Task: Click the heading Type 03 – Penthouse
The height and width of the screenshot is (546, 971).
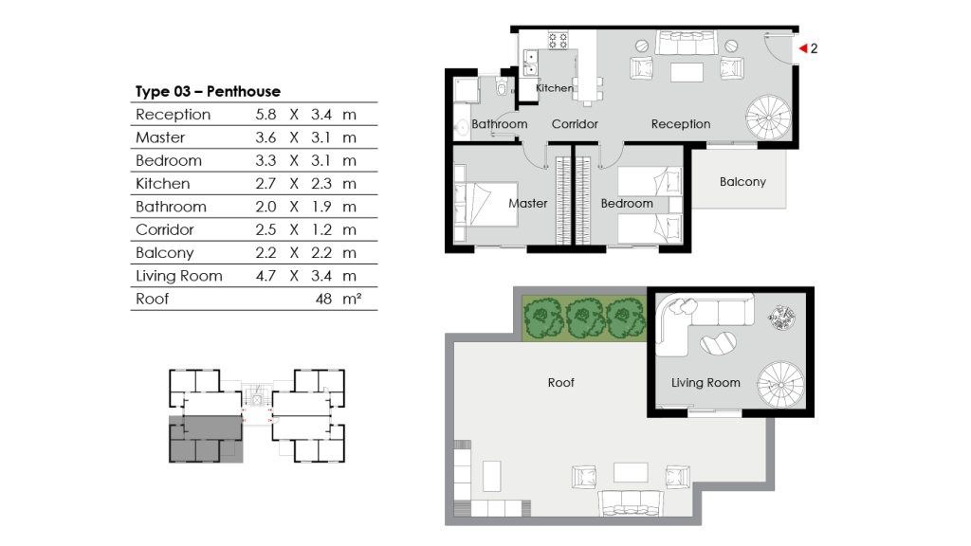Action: click(x=208, y=92)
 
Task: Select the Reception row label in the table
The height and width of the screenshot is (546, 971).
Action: click(x=174, y=115)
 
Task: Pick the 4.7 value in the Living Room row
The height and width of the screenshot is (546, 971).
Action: click(x=266, y=276)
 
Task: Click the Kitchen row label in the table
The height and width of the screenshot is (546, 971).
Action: click(x=163, y=184)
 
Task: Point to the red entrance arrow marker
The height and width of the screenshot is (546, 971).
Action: click(x=801, y=47)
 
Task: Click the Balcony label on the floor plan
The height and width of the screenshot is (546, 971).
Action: click(x=742, y=181)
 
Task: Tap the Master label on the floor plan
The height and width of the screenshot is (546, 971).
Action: click(x=527, y=203)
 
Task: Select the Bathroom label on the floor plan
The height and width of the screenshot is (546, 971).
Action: click(x=499, y=124)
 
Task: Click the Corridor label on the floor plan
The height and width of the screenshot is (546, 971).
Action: click(x=575, y=124)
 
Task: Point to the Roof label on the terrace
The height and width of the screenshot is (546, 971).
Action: click(x=560, y=383)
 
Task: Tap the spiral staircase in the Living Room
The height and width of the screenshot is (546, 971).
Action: click(x=781, y=387)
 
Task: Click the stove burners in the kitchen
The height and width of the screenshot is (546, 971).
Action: click(x=559, y=42)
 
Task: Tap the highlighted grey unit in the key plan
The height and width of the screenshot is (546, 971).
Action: click(x=205, y=438)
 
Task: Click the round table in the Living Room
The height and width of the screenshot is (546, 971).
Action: click(x=783, y=317)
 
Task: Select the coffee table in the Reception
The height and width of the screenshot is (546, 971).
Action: click(x=687, y=72)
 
